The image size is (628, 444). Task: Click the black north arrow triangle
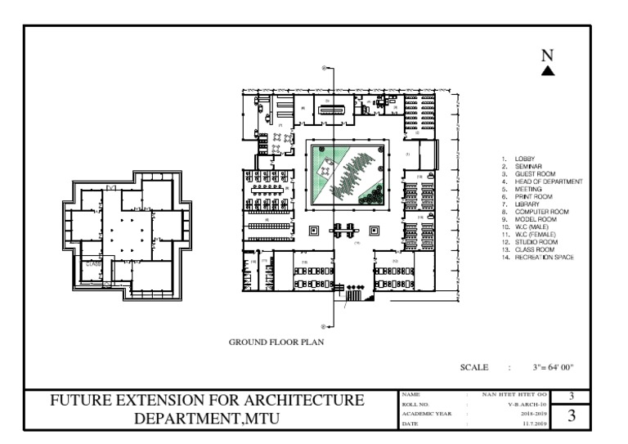click(549, 71)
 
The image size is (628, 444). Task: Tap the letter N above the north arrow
click(549, 55)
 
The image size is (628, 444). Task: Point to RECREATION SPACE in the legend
click(544, 258)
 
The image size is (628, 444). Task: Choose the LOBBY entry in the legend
click(523, 158)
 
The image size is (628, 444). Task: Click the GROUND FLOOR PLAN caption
click(275, 343)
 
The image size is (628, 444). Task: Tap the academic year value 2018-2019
click(532, 414)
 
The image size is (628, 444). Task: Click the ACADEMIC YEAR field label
click(422, 414)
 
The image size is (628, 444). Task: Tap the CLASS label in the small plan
click(93, 264)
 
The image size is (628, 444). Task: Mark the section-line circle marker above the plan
click(325, 67)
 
